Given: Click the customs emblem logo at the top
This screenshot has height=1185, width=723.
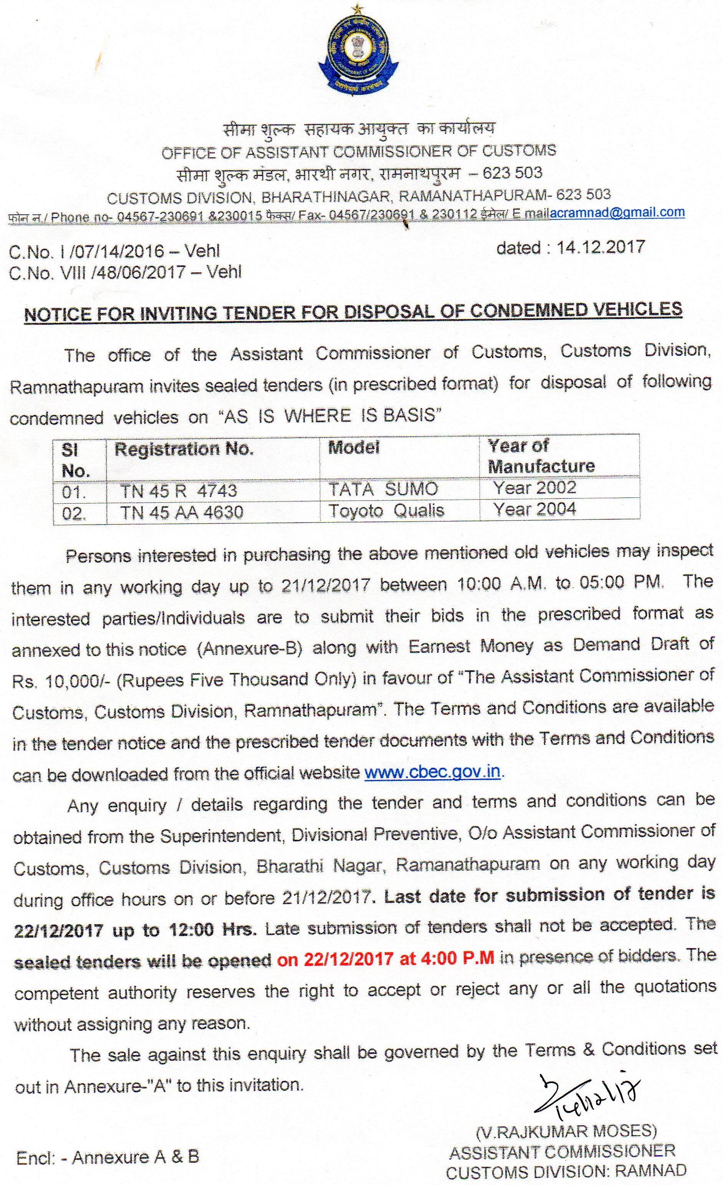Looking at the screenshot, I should (358, 53).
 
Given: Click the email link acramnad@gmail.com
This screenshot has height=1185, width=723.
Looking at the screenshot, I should (617, 212).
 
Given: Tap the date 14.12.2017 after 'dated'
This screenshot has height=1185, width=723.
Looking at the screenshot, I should (601, 247).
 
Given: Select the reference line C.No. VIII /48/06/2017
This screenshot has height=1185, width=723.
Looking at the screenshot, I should (125, 272).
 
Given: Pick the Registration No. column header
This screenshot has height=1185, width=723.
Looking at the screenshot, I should (184, 449).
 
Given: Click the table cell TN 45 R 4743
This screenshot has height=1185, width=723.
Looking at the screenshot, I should (179, 490).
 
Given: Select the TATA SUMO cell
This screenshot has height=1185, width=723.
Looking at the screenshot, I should (383, 489).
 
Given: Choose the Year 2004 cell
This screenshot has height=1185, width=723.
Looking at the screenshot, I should (534, 509).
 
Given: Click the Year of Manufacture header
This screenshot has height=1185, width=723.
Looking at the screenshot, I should (541, 456).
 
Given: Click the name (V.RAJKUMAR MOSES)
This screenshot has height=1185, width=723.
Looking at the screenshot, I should (566, 1131).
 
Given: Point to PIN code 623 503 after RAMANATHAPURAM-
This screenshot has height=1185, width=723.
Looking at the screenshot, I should (583, 194).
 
